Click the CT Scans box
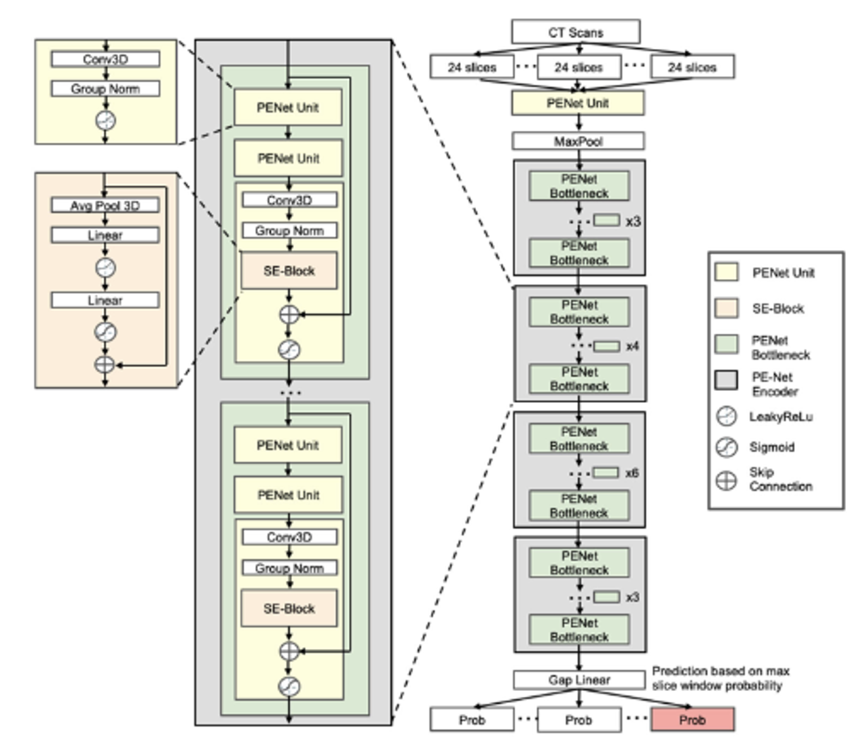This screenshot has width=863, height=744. tap(575, 32)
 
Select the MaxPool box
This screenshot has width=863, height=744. tap(578, 141)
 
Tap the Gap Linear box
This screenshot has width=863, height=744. tap(579, 680)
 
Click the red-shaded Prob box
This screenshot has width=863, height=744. tap(692, 720)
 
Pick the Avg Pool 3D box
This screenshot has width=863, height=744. tap(105, 206)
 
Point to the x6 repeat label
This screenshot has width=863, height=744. tap(632, 473)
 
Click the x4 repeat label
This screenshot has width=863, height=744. tap(632, 346)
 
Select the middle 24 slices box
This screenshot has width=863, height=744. tap(578, 67)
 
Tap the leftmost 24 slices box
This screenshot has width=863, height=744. tap(471, 67)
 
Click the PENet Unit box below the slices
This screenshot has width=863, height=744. tap(578, 103)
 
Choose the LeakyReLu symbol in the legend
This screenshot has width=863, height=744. tap(726, 417)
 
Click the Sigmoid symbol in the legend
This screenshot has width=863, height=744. tap(726, 447)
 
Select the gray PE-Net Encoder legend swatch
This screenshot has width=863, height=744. tap(726, 380)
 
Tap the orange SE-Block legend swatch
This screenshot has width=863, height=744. tap(726, 308)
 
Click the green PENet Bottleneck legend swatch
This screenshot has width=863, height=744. tap(726, 344)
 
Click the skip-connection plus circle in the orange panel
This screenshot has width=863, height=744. tap(105, 365)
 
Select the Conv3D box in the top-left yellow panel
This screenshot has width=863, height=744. tap(105, 60)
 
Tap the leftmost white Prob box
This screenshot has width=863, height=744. tap(471, 720)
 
